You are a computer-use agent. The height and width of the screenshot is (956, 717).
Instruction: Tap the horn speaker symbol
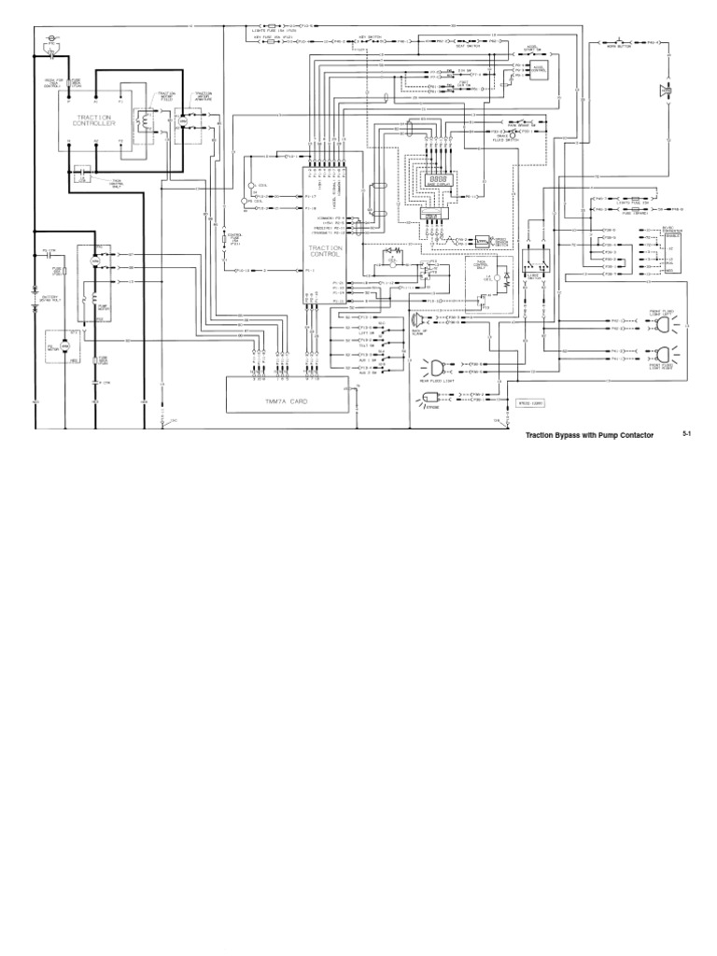[665, 91]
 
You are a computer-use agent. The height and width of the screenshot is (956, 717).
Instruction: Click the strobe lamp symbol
[431, 399]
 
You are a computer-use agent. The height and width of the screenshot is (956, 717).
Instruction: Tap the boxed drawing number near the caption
[531, 403]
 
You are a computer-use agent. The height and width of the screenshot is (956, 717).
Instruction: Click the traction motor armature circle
[183, 121]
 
